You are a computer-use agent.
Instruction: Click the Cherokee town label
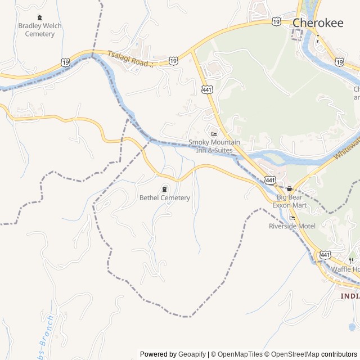coord(318,23)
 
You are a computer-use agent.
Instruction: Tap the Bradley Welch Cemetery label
coord(40,30)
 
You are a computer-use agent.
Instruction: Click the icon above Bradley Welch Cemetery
coord(39,17)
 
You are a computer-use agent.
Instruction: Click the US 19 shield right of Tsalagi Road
coord(173,60)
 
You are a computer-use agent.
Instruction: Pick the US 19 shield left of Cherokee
coord(276,21)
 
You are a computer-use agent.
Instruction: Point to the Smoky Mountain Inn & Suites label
coord(211,146)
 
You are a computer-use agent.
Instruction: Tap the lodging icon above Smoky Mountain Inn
coord(213,134)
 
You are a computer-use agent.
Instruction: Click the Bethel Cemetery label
coord(165,198)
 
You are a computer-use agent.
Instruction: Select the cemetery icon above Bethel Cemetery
coord(164,188)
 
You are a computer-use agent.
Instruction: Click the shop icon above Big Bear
coord(289,189)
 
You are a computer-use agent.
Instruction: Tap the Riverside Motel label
coord(292,226)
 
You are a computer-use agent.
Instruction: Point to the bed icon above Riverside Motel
coord(291,218)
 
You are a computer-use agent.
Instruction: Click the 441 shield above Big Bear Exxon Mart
coord(271,180)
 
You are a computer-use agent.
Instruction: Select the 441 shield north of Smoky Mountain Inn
coord(207,89)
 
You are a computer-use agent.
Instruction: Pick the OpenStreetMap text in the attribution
coord(292,354)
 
